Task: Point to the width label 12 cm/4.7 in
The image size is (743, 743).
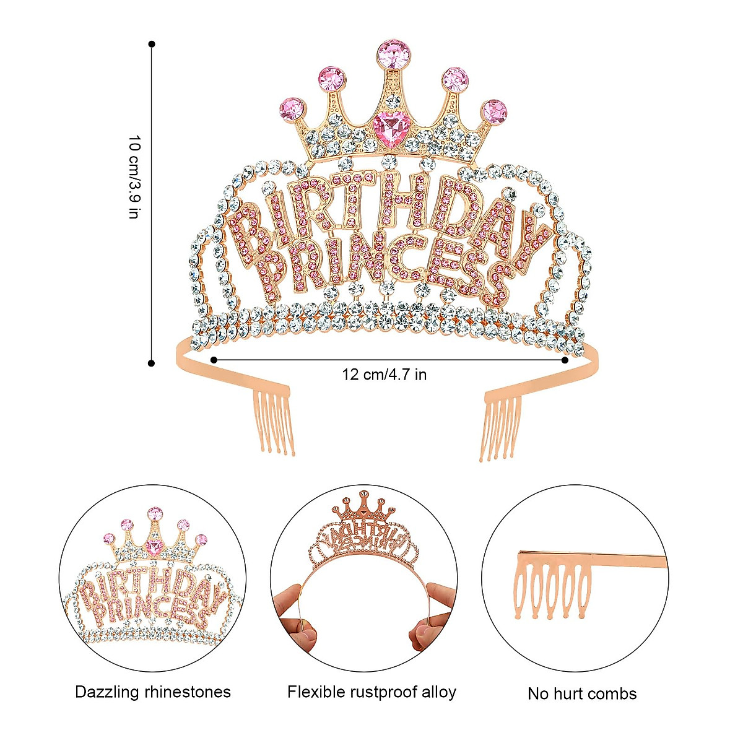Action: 384,375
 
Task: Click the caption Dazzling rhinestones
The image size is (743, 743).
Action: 153,692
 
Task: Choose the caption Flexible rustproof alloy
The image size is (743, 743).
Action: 371,692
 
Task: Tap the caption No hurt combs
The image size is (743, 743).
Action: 582,693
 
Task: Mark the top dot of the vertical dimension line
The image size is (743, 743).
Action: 152,44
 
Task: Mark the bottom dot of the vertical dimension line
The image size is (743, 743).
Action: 152,363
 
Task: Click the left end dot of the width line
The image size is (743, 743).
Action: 214,360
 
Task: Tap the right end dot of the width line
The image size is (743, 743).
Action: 565,360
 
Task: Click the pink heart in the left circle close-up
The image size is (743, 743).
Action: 154,547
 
